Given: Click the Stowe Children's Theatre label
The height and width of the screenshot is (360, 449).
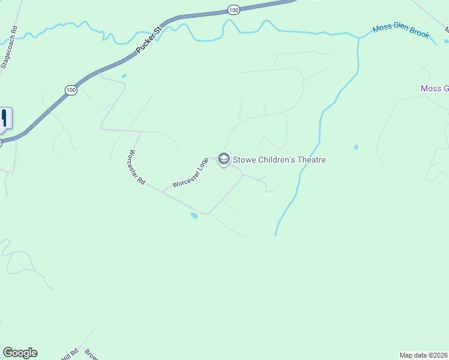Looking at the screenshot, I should pyautogui.click(x=279, y=160).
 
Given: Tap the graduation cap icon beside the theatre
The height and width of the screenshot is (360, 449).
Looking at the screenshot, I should pyautogui.click(x=224, y=159).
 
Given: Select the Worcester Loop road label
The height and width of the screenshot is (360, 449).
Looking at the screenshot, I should pyautogui.click(x=190, y=173).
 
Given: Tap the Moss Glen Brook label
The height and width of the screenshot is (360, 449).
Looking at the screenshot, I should pyautogui.click(x=401, y=31).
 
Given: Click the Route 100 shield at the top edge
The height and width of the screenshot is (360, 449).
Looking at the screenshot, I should pyautogui.click(x=234, y=10).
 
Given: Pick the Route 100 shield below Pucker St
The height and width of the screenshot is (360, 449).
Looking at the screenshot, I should pyautogui.click(x=71, y=90).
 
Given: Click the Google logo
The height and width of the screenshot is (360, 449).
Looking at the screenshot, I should pyautogui.click(x=20, y=353).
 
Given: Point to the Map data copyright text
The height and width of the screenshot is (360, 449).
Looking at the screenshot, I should pyautogui.click(x=424, y=355).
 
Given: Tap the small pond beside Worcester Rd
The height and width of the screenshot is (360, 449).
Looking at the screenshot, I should pyautogui.click(x=193, y=215).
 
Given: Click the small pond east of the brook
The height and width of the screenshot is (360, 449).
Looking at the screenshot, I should pyautogui.click(x=356, y=147).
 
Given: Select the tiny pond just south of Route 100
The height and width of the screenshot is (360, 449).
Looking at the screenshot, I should pyautogui.click(x=124, y=76).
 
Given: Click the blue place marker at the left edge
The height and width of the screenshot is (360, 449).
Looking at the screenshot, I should pyautogui.click(x=5, y=117).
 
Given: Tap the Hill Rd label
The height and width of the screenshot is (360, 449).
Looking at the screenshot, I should pyautogui.click(x=70, y=355).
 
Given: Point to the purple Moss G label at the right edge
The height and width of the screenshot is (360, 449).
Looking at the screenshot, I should pyautogui.click(x=435, y=89).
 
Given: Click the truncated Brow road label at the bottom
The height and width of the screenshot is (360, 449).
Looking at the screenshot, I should pyautogui.click(x=91, y=354).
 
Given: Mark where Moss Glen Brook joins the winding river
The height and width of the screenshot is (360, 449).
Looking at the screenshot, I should pyautogui.click(x=360, y=38).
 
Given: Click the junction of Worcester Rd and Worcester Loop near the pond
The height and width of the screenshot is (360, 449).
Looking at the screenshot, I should pyautogui.click(x=208, y=213).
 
